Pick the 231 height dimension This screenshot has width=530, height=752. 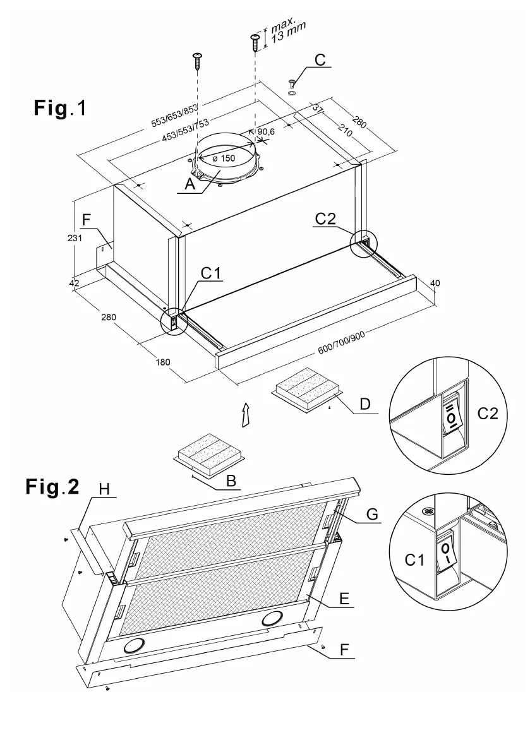[75, 238]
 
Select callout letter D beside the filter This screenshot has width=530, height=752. [364, 403]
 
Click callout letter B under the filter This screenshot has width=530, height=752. [231, 480]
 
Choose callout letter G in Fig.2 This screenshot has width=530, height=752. [372, 515]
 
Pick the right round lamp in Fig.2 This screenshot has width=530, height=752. [274, 618]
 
